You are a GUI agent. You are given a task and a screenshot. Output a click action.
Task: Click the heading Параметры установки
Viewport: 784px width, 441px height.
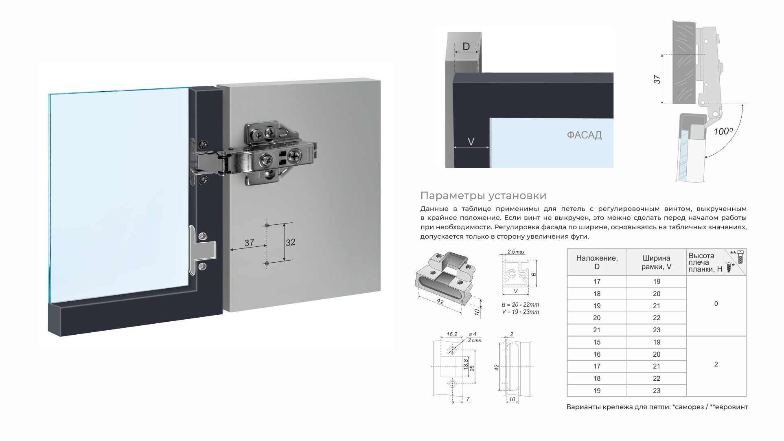click(x=483, y=196)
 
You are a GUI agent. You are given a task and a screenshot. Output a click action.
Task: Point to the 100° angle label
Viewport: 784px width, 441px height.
click(x=723, y=132)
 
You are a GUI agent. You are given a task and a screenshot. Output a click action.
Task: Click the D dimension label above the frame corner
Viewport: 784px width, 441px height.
click(x=466, y=46)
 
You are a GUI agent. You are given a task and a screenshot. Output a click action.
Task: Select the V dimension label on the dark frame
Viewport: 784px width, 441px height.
click(x=471, y=142)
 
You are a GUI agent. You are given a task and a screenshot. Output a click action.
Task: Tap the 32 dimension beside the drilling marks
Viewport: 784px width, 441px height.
click(x=290, y=243)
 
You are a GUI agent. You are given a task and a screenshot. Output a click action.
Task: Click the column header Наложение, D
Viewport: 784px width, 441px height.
click(x=596, y=262)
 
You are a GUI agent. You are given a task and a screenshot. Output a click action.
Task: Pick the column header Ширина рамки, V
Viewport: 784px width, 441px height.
click(x=656, y=262)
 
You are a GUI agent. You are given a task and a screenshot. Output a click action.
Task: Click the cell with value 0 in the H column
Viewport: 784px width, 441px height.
click(x=716, y=304)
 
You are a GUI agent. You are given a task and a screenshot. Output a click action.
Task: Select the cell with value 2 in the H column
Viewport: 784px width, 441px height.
click(x=716, y=364)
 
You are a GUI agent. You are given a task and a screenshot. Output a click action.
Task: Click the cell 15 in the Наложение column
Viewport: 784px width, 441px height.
click(x=596, y=342)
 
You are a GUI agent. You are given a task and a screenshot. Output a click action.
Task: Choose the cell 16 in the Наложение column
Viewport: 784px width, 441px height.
click(x=596, y=354)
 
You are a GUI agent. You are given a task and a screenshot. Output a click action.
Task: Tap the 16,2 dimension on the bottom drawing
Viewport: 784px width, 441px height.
click(x=452, y=334)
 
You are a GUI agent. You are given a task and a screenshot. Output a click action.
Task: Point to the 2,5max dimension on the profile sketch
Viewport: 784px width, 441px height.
click(x=515, y=252)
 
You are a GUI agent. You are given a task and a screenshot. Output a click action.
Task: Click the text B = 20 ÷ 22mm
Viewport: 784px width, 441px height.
click(x=520, y=305)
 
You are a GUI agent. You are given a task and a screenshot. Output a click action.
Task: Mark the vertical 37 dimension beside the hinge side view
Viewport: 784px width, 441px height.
click(x=657, y=79)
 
